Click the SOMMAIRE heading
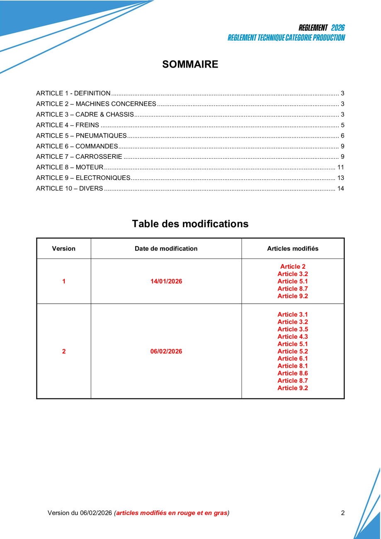[190, 64]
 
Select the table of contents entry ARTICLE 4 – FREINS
[68, 125]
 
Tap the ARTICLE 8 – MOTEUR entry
[70, 167]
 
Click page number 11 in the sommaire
[341, 167]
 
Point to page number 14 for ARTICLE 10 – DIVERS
[341, 189]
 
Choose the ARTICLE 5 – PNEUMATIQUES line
[81, 136]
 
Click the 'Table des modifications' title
[190, 224]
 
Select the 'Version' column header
[64, 249]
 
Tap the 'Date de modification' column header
[166, 249]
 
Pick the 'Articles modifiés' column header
[293, 249]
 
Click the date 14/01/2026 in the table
[166, 282]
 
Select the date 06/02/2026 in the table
[166, 352]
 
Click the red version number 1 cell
[64, 282]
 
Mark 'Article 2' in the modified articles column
[293, 267]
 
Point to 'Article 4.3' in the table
[293, 337]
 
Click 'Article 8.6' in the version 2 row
[293, 373]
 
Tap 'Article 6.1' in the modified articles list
[293, 359]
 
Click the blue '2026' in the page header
[338, 28]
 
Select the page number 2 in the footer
[343, 513]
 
